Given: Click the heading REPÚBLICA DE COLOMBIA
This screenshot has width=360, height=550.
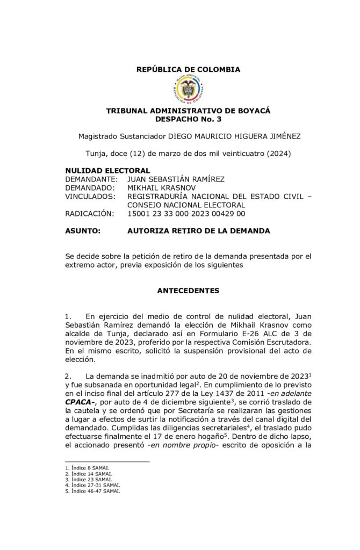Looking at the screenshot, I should [x=188, y=70].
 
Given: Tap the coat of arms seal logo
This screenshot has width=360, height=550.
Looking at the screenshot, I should [x=188, y=89].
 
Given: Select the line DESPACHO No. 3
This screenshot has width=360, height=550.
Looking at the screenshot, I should [x=188, y=119].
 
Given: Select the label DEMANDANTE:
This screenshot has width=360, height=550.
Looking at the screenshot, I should [x=91, y=179].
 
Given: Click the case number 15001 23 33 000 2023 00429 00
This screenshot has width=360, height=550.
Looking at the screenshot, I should [x=186, y=213].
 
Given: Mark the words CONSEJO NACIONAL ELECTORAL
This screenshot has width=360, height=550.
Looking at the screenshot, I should [x=186, y=205].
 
